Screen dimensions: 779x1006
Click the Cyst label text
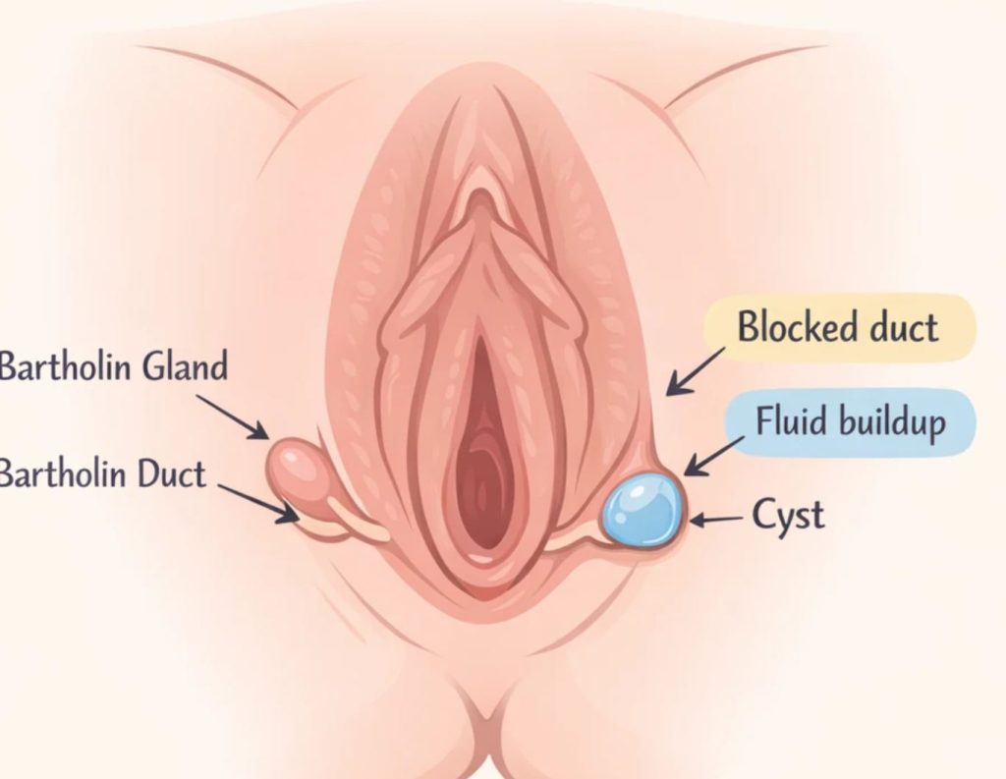point(788,514)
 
